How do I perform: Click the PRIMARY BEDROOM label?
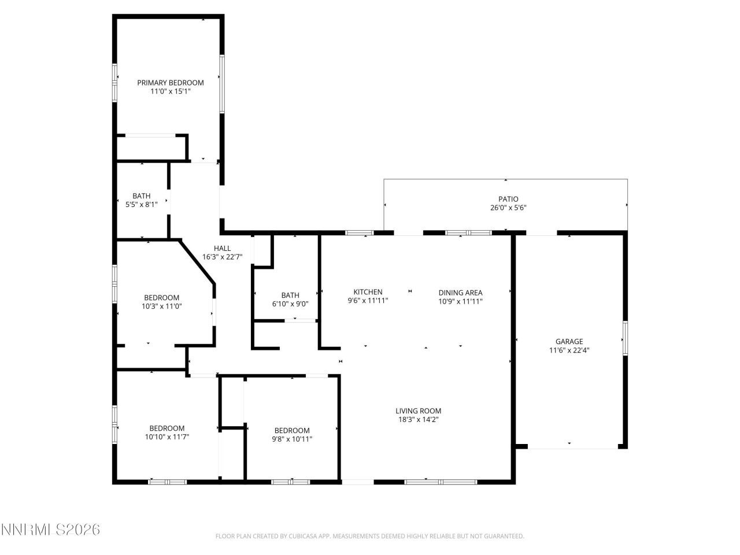(170, 83)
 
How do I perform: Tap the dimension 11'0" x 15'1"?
(170, 91)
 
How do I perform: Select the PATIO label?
(508, 199)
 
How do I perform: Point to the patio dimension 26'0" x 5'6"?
(508, 208)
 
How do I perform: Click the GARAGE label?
(569, 342)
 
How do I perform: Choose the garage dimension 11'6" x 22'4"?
(569, 350)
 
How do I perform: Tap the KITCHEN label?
(368, 293)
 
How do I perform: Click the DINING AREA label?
(460, 293)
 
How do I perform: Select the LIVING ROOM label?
(418, 411)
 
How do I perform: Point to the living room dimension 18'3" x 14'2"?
(418, 420)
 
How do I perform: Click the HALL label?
(222, 249)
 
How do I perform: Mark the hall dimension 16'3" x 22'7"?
(222, 257)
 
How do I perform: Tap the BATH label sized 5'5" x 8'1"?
(141, 196)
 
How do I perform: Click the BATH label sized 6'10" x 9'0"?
(290, 295)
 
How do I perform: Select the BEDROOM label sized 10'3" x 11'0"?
(161, 298)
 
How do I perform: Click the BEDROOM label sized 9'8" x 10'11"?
(291, 431)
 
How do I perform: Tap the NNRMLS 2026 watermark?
(51, 530)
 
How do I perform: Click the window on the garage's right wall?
(625, 338)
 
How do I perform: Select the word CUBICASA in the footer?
(301, 536)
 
